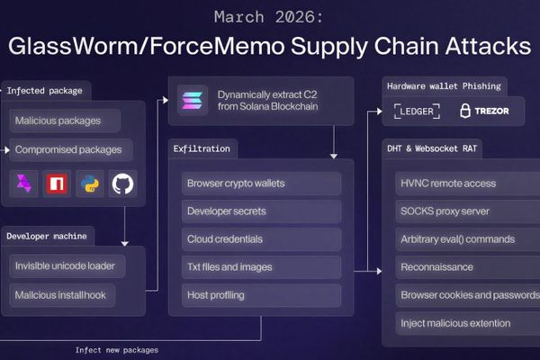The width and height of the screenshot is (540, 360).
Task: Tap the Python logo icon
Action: (x=90, y=184)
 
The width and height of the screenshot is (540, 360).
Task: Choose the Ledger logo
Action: (x=415, y=112)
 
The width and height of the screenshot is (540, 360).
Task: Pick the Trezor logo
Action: (x=486, y=112)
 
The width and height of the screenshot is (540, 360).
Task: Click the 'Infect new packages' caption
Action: (x=117, y=349)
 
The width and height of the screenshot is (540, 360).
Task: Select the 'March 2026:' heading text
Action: (x=269, y=16)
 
